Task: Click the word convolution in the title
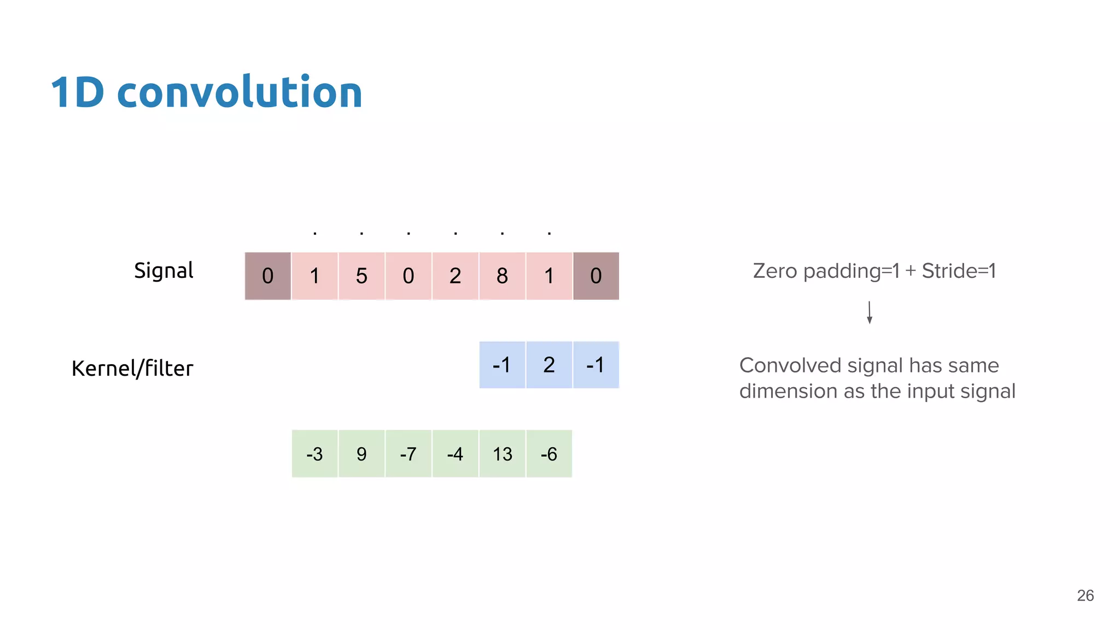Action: pos(239,92)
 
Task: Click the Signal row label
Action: pos(164,271)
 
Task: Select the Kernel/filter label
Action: pos(132,369)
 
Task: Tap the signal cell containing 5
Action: pos(361,276)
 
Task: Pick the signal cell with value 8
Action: pos(502,276)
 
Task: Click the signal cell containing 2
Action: pos(455,276)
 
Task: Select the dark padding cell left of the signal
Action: pos(267,276)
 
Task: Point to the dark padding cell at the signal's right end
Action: pos(596,276)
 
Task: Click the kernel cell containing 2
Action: pos(549,365)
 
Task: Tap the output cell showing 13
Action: pos(502,454)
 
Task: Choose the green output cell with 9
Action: pos(361,454)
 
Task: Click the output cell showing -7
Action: pos(409,454)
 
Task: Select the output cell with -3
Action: pos(314,454)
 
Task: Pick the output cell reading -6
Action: pos(549,454)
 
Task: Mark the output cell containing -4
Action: pos(455,454)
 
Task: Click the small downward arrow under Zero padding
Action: pos(870,312)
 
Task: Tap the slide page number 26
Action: pos(1085,596)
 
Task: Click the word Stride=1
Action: pos(959,271)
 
